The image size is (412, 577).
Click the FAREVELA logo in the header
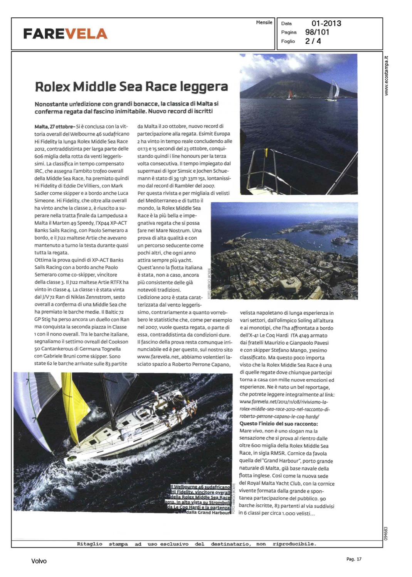65,34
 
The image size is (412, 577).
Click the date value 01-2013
326,23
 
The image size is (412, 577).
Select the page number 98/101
317,32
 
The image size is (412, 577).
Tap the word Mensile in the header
264,23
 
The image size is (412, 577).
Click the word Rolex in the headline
52,87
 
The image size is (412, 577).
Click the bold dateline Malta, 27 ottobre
54,127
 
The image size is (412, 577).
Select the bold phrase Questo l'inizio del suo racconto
279,424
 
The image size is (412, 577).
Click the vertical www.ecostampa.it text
387,76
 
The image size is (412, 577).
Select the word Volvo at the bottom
39,561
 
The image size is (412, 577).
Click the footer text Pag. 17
354,559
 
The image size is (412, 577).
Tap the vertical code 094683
386,533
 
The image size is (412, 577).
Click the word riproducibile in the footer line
294,544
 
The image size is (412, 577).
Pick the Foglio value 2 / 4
313,41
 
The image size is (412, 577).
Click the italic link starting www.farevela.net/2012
284,402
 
